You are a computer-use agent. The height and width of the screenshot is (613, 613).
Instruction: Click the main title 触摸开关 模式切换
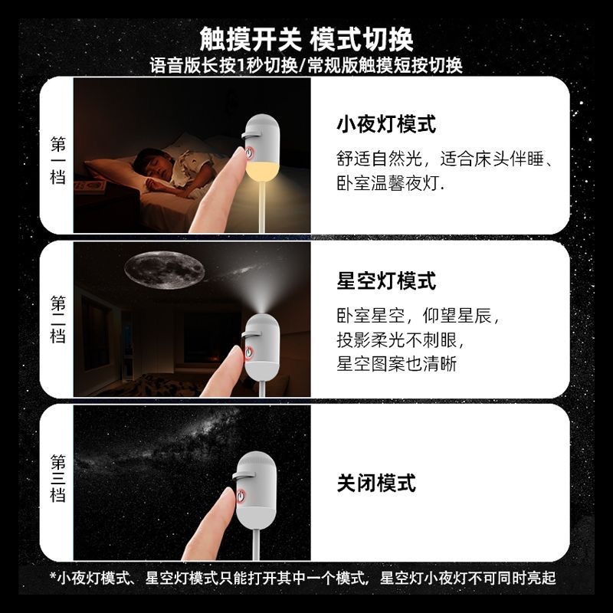pos(306,39)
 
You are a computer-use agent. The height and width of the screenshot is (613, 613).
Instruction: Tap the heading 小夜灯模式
pos(386,125)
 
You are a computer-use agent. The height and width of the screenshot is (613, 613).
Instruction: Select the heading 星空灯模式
pos(386,280)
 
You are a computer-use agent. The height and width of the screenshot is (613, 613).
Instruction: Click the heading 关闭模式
pos(376,484)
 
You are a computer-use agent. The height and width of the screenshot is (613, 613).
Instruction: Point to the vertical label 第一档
pos(58,160)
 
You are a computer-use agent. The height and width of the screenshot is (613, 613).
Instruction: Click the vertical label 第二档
pos(58,320)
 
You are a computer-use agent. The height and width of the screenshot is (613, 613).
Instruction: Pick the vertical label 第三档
pos(58,478)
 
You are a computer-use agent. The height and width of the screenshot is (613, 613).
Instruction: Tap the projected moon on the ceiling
pos(164,270)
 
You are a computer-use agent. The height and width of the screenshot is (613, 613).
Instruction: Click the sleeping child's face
pos(149,167)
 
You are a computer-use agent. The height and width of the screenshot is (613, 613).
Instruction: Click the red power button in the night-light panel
pos(248,152)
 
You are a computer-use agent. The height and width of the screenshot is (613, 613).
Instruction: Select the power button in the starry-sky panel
pos(248,352)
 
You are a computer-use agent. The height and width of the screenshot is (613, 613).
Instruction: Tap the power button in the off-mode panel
pos(241,496)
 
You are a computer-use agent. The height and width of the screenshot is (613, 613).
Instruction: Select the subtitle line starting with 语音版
pos(306,65)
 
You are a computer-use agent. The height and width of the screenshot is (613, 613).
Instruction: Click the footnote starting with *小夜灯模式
pos(303,578)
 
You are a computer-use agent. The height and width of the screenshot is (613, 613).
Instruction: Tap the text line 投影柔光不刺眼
pos(400,340)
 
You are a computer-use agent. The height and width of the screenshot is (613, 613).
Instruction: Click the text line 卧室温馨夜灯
pos(390,183)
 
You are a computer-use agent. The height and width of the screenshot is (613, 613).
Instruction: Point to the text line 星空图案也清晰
pos(396,363)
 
